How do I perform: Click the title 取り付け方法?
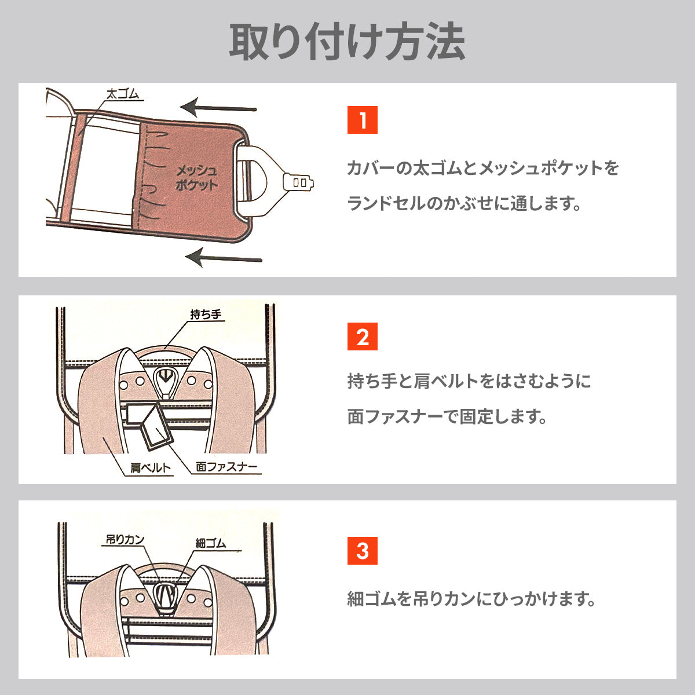347,42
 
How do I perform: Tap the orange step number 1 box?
362,120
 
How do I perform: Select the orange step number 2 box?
362,336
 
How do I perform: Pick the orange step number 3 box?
362,550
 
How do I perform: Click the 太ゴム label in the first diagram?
122,94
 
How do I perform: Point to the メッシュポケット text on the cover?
196,177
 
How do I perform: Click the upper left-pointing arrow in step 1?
218,108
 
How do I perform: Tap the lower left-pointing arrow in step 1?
223,257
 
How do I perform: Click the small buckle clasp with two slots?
299,182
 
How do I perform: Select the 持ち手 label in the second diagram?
206,314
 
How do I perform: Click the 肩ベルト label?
151,468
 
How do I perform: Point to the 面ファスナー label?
226,467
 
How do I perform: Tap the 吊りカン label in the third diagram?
125,539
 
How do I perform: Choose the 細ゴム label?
211,543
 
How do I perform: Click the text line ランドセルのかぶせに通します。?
464,203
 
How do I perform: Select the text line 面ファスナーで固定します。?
447,416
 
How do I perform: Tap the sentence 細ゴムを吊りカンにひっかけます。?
471,598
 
